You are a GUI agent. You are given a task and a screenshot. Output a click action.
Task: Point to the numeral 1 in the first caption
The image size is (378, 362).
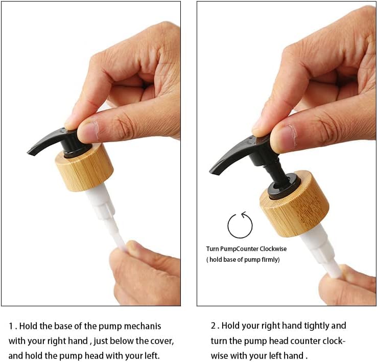click(x=11, y=326)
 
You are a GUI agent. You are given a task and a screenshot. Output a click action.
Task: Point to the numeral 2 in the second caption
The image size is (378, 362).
click(x=214, y=326)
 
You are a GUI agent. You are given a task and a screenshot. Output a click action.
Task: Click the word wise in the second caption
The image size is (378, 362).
click(x=219, y=356)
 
